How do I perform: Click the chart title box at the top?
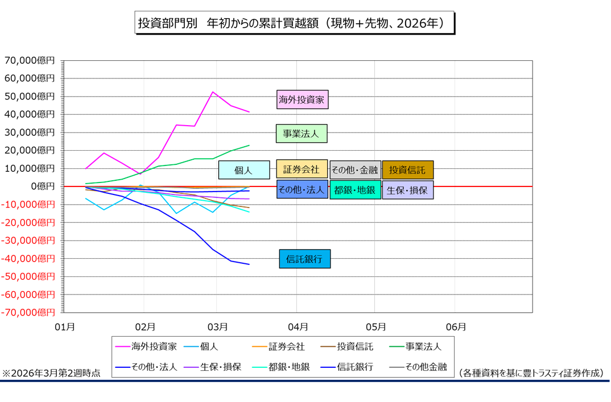point(294,23)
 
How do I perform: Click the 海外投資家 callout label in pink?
point(303,100)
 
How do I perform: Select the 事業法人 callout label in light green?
point(302,134)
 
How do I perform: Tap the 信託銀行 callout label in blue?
point(304,259)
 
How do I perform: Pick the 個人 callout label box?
point(243,170)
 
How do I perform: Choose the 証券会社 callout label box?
point(302,169)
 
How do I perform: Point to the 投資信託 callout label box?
point(407,169)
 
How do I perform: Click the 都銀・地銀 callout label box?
point(355,189)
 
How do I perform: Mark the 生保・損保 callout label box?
point(407,189)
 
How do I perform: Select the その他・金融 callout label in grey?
point(354,169)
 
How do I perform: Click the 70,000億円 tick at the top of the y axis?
point(30,60)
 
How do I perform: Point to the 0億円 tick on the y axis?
point(42,186)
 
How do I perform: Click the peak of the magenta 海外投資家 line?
point(212,92)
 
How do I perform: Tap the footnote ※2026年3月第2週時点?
point(51,373)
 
